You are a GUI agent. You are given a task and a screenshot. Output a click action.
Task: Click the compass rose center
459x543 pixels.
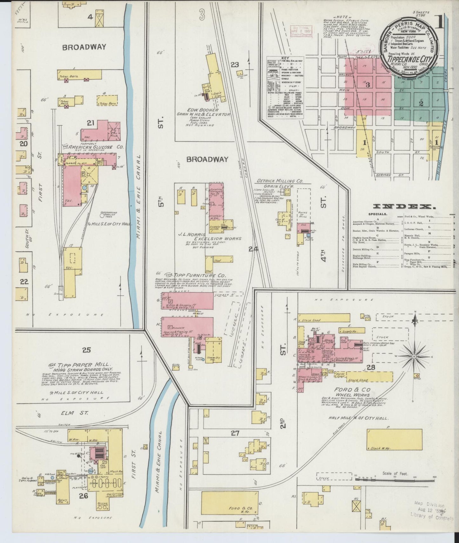tap(414, 357)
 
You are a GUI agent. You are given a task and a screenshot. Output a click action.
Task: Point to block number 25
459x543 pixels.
tap(86, 350)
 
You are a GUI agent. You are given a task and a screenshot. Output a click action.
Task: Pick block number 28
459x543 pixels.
tap(371, 368)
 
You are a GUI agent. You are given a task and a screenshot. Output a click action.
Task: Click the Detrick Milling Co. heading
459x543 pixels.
tap(280, 181)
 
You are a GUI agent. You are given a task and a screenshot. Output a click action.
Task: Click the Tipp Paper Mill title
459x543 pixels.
tap(84, 365)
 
